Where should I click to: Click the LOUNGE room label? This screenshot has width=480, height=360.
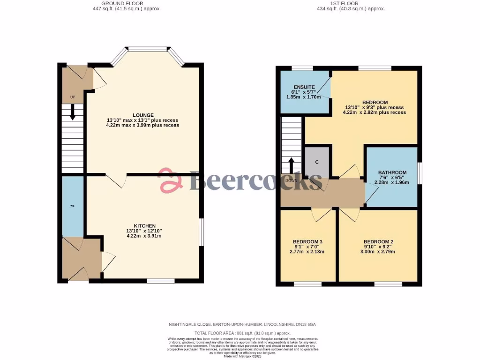tap(143, 115)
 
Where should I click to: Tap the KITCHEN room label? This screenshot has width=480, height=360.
tap(144, 225)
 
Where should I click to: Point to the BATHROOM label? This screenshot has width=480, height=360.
tap(392, 172)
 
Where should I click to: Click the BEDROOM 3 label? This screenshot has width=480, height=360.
tap(307, 242)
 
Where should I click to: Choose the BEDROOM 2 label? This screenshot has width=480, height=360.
tap(378, 242)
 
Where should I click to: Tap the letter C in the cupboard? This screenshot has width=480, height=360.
tap(317, 162)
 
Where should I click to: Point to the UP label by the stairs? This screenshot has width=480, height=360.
tap(73, 97)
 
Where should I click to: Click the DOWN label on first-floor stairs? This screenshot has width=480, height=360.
tap(291, 180)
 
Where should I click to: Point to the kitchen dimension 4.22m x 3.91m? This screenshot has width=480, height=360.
tap(144, 236)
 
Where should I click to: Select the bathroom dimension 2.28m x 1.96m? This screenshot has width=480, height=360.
tap(392, 183)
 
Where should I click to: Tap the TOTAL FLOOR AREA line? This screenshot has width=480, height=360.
tap(240, 333)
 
